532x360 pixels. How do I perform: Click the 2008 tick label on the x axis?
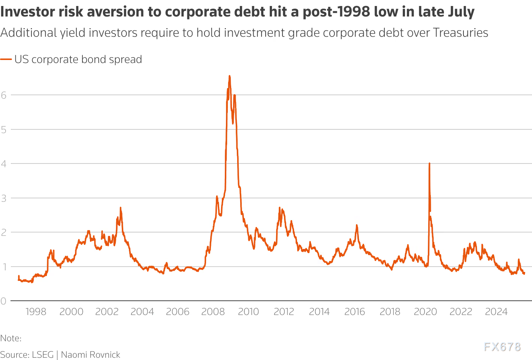point(213,312)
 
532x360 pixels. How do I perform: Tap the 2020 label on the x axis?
point(425,312)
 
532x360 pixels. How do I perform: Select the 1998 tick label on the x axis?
point(36,312)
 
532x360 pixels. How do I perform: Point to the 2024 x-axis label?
point(496,312)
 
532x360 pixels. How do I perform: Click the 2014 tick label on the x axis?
point(319,312)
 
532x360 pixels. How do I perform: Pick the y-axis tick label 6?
point(4,95)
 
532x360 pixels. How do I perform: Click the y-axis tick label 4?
point(4,164)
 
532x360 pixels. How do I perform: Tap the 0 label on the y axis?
point(4,301)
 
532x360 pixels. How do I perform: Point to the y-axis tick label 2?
point(4,232)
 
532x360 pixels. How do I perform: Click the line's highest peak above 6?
point(229,76)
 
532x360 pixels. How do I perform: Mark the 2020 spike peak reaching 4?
point(429,163)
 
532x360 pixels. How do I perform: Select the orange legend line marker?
point(6,59)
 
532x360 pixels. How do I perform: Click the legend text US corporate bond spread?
point(78,59)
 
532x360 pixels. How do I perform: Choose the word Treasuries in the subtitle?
point(460,33)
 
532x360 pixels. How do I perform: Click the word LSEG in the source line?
point(43,355)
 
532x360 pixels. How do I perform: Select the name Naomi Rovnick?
point(90,355)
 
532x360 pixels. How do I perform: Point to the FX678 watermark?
point(502,347)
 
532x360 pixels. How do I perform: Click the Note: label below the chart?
point(10,338)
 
